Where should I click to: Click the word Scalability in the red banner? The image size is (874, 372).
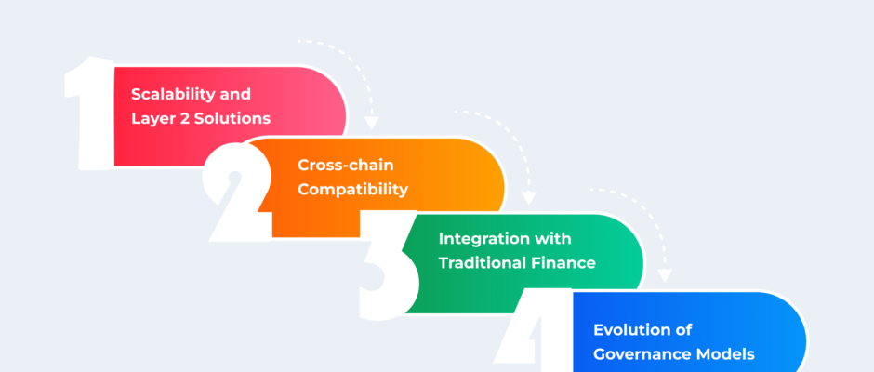[x=167, y=94]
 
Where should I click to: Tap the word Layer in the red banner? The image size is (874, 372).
[x=150, y=119]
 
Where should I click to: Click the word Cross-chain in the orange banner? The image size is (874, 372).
[x=346, y=166]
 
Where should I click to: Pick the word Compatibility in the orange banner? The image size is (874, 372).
[x=352, y=190]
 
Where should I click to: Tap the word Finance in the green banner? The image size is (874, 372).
[x=563, y=262]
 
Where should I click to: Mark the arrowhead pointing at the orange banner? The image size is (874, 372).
[x=371, y=123]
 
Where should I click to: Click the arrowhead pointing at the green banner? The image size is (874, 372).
[x=528, y=198]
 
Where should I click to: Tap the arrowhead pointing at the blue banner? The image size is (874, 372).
[x=665, y=275]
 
